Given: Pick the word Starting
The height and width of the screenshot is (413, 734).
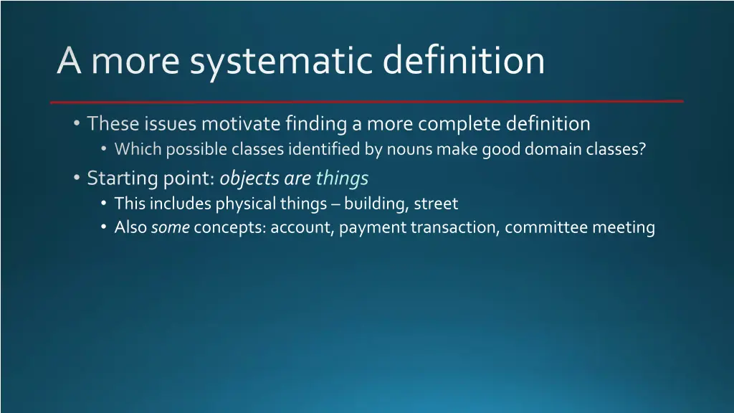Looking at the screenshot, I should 115,178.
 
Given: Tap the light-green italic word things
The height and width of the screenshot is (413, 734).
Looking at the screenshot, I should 342,178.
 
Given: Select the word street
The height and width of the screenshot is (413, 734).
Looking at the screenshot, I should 437,204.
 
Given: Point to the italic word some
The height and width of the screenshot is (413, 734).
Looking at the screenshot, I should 170,228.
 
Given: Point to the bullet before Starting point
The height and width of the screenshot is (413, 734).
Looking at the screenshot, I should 77,178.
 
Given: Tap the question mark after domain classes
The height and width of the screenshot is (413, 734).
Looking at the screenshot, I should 642,150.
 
